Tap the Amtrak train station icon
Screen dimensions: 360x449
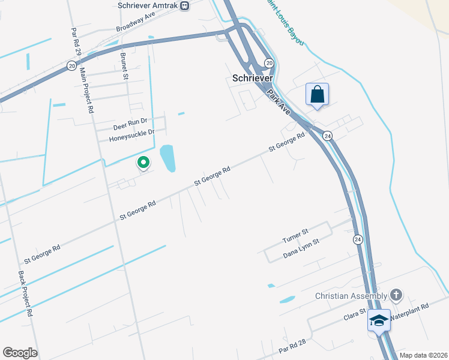(184, 5)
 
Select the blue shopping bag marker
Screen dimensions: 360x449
(317, 94)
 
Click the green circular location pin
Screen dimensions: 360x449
(143, 162)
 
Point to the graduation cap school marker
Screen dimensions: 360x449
(379, 320)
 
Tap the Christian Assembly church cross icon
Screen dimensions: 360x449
(396, 295)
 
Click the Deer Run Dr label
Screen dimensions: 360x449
(130, 127)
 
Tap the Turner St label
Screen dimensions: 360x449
(295, 236)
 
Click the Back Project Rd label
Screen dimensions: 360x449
(25, 293)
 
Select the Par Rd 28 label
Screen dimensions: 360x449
(292, 345)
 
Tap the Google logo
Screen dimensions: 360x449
(20, 353)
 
